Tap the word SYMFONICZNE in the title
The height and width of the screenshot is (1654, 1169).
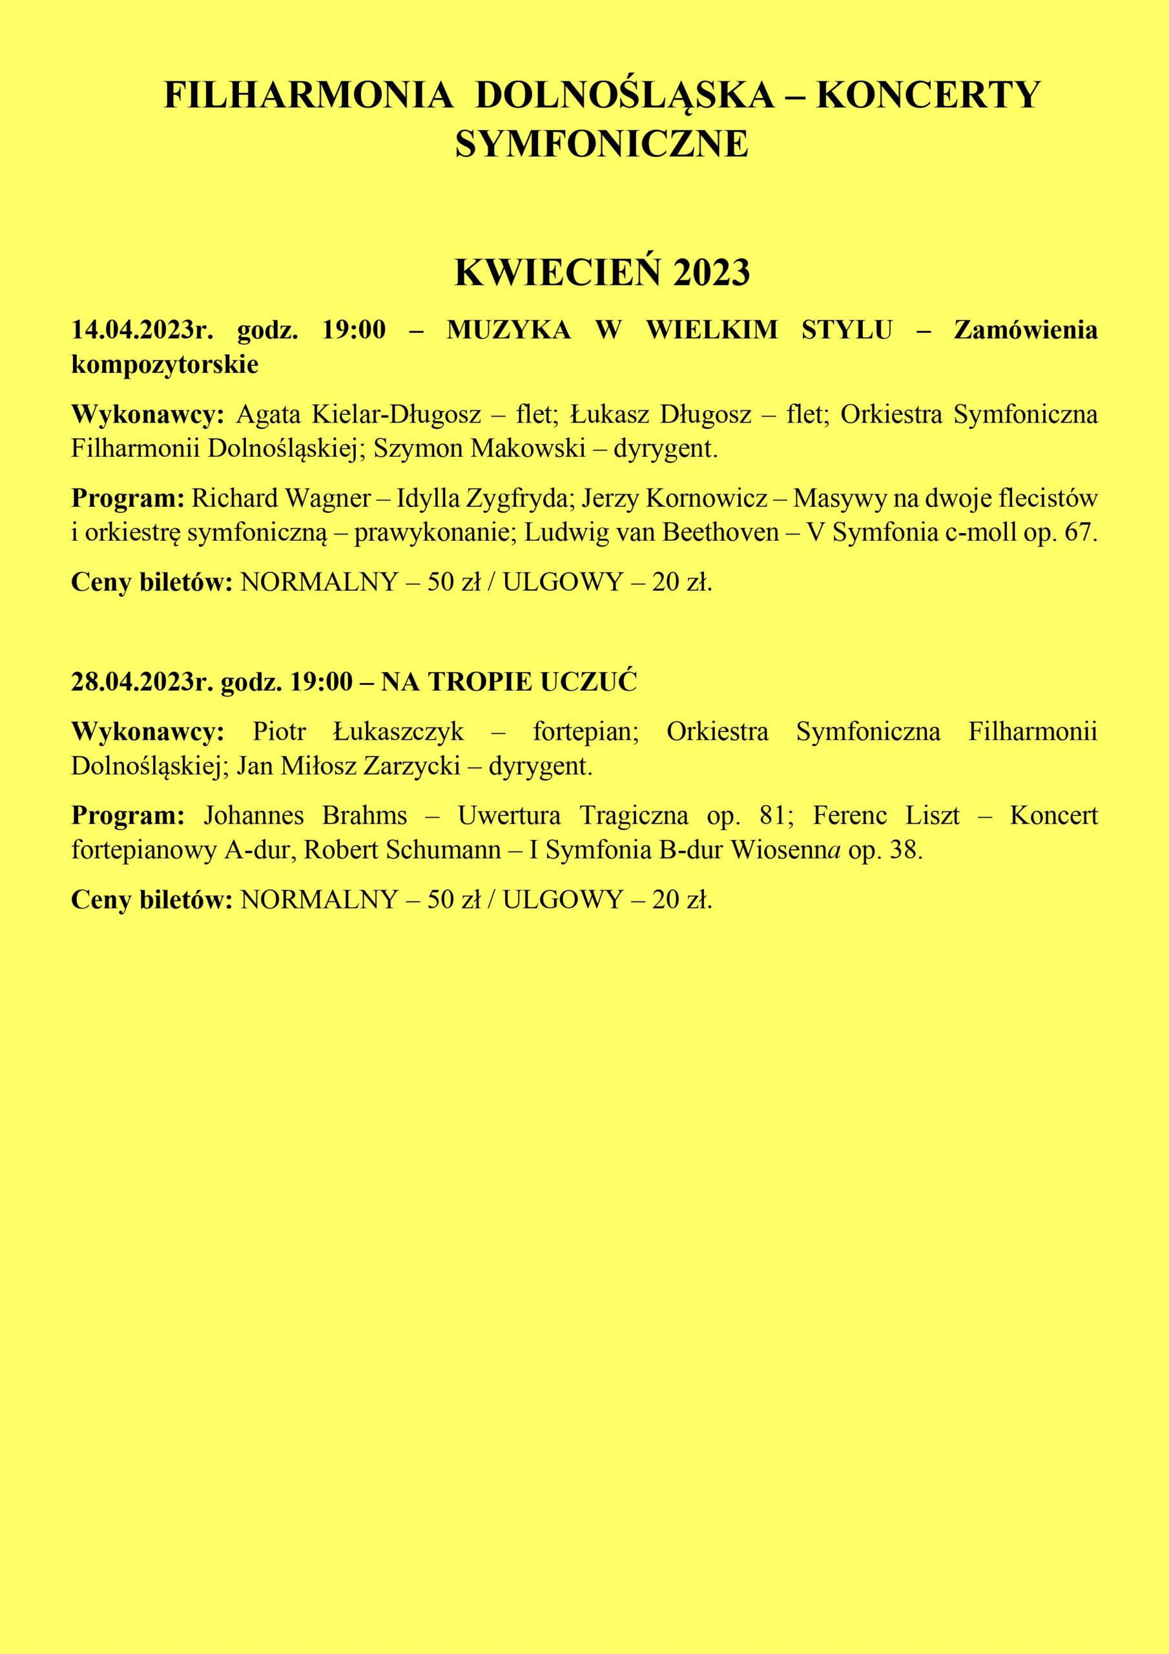[x=601, y=144]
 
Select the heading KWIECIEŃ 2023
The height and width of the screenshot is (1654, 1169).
[x=602, y=273]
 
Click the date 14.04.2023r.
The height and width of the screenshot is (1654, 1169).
[x=142, y=331]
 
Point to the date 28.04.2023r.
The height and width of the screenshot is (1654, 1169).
[x=142, y=682]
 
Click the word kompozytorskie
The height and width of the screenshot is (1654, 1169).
[x=164, y=364]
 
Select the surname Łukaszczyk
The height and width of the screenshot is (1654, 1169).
[x=398, y=732]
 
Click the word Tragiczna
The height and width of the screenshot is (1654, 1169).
[x=632, y=816]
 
